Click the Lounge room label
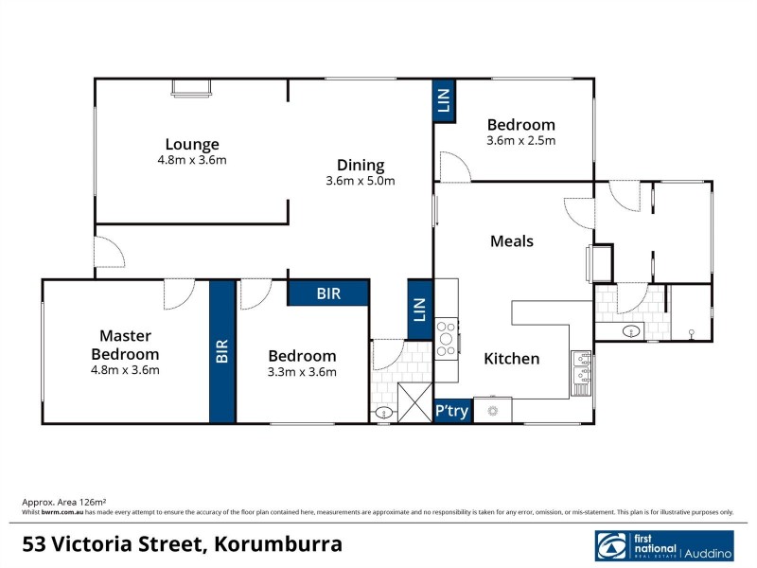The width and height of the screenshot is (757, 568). point(192,145)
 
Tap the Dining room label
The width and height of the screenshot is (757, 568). point(360,164)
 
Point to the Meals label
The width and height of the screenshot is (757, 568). point(512,240)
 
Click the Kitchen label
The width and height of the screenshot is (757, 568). point(512,359)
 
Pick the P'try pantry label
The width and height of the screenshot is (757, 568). point(451,411)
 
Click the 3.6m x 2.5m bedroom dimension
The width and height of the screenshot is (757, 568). point(520,141)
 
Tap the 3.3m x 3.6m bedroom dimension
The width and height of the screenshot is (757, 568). point(302,371)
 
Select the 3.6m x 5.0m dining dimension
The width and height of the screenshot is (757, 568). point(360,180)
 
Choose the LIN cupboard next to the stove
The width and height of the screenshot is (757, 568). point(420,309)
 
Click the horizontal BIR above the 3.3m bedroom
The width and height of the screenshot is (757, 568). point(327,293)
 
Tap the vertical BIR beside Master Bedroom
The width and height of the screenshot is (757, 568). point(222,352)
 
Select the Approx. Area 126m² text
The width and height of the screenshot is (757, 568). point(64,501)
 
